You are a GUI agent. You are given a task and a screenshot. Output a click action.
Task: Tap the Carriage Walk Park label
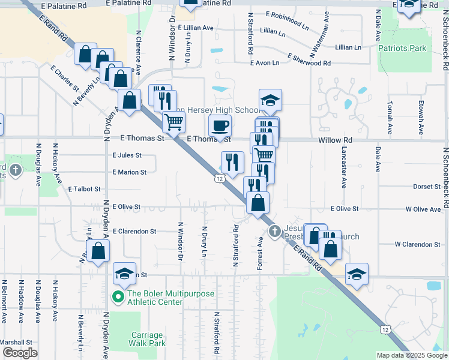[x=146, y=339]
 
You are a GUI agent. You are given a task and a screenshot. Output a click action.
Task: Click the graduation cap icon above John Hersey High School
[x=270, y=100]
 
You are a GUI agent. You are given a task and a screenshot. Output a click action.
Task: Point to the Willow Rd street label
[x=336, y=139]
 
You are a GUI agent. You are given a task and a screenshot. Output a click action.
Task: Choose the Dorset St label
[x=427, y=187]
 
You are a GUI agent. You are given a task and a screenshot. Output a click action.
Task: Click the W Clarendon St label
[x=418, y=244]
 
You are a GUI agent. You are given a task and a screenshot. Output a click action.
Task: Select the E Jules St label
[x=127, y=155]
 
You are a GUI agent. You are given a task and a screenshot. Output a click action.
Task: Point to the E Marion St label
[x=129, y=172]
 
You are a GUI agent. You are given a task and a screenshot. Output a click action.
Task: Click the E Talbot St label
[x=84, y=189]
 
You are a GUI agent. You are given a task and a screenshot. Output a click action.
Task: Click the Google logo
[x=20, y=352]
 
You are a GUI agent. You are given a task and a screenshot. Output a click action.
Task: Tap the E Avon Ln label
[x=264, y=62]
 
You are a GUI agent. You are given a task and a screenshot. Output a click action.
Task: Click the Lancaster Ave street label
[x=344, y=166]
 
